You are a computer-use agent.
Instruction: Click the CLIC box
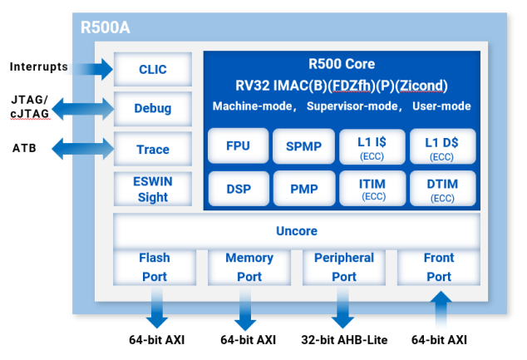coord(152,69)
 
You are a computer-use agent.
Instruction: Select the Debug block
coord(152,108)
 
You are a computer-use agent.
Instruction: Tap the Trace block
coord(152,150)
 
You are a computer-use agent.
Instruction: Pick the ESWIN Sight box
coord(152,190)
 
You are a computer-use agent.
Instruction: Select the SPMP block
coord(304,146)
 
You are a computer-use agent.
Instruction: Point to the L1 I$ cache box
coord(371,146)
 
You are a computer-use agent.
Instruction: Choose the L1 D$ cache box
coord(442,146)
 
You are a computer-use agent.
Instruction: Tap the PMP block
coord(304,189)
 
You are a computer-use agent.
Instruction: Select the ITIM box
coord(371,189)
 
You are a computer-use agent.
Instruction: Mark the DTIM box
coord(442,189)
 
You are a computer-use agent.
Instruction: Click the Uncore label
coord(297,230)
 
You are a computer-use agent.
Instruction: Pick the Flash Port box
coord(154,267)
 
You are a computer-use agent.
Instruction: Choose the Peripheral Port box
coord(344,267)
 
